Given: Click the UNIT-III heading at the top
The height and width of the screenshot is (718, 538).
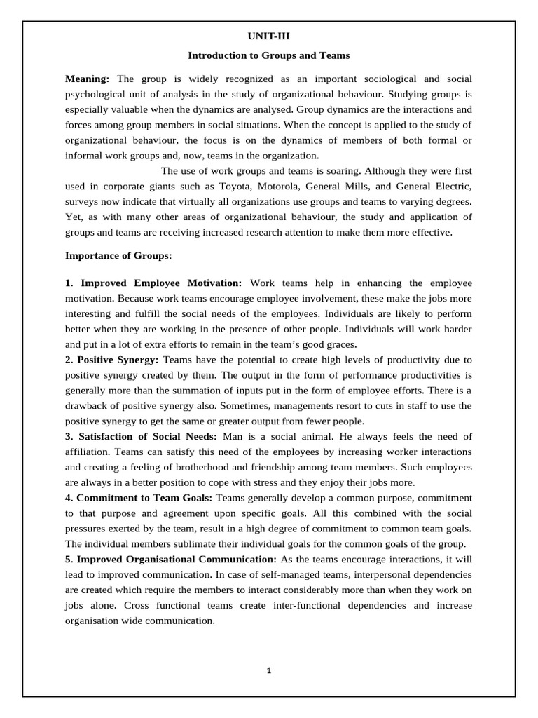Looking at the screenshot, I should tap(268, 36).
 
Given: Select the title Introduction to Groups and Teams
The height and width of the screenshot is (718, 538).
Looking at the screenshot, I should tap(268, 55).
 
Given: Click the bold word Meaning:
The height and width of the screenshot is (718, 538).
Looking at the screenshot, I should tap(88, 78).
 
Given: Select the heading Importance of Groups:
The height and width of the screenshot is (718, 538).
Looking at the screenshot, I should tap(118, 256).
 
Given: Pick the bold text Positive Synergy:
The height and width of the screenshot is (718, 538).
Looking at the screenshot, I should tap(111, 360).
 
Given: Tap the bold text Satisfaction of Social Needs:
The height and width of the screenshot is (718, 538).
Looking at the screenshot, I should tap(140, 437).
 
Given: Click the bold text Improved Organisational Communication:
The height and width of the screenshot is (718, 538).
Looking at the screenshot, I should tap(171, 560).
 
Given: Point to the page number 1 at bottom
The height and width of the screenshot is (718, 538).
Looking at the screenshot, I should tap(269, 670).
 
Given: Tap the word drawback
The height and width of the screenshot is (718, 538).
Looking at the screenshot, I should tap(90, 406).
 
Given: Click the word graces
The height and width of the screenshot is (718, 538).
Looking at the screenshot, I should tap(341, 344).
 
